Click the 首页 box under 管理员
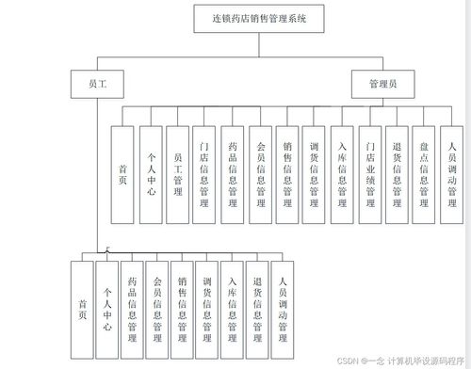(123, 174)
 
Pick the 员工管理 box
(178, 174)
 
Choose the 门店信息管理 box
(205, 174)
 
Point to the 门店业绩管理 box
(370, 174)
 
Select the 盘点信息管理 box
(425, 174)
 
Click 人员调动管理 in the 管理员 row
(452, 174)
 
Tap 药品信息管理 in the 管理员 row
(233, 174)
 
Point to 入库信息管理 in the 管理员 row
(343, 174)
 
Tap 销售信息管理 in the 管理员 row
(287, 174)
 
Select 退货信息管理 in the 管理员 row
(398, 174)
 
